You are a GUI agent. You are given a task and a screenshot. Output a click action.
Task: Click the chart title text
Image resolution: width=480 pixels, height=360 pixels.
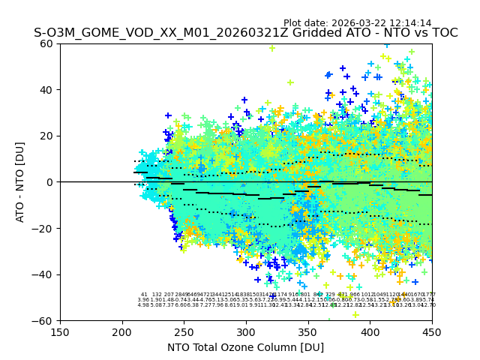tap(245, 33)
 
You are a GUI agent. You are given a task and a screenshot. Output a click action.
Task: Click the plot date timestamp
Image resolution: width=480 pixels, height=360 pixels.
tap(357, 23)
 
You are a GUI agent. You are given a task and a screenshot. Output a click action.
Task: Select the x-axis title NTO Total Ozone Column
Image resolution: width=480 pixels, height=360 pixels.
tap(245, 347)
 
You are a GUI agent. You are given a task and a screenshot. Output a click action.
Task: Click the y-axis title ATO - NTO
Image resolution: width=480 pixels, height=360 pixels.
tap(21, 182)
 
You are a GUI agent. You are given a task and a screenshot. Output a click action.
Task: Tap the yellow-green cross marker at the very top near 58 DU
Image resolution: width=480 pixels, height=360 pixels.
tap(272, 49)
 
